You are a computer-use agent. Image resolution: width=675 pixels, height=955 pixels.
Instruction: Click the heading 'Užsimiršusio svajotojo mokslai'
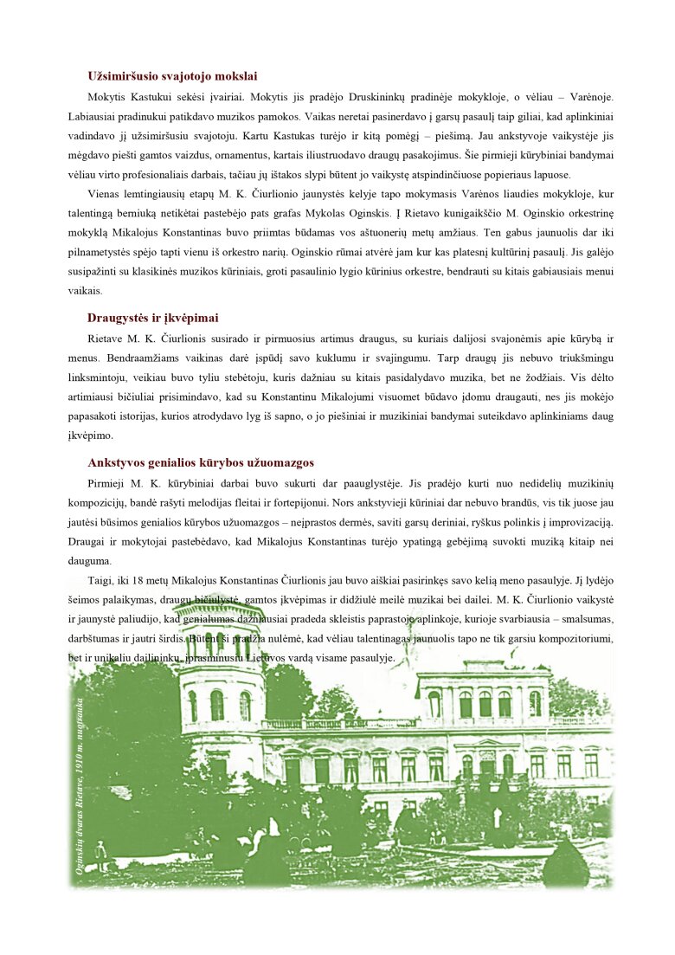(171, 76)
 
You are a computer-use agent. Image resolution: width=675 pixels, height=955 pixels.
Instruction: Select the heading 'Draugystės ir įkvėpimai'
(152, 318)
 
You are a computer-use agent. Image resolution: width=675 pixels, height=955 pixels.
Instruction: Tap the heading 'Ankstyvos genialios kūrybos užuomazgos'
(200, 462)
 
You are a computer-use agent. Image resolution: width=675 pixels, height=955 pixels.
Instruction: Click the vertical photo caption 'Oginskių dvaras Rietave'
(80, 784)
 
